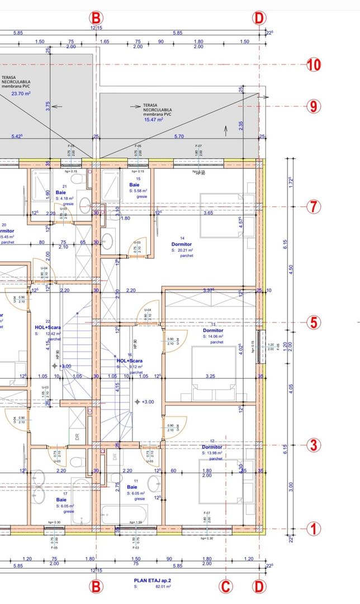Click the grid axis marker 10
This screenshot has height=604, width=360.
click(314, 64)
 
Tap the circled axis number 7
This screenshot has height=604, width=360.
click(314, 206)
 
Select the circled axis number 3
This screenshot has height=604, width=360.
click(314, 445)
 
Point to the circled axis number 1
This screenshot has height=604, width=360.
click(314, 528)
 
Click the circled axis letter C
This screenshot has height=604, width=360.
click(225, 586)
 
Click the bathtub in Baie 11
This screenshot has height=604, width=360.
click(125, 513)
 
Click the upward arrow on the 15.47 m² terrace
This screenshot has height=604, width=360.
click(225, 131)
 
